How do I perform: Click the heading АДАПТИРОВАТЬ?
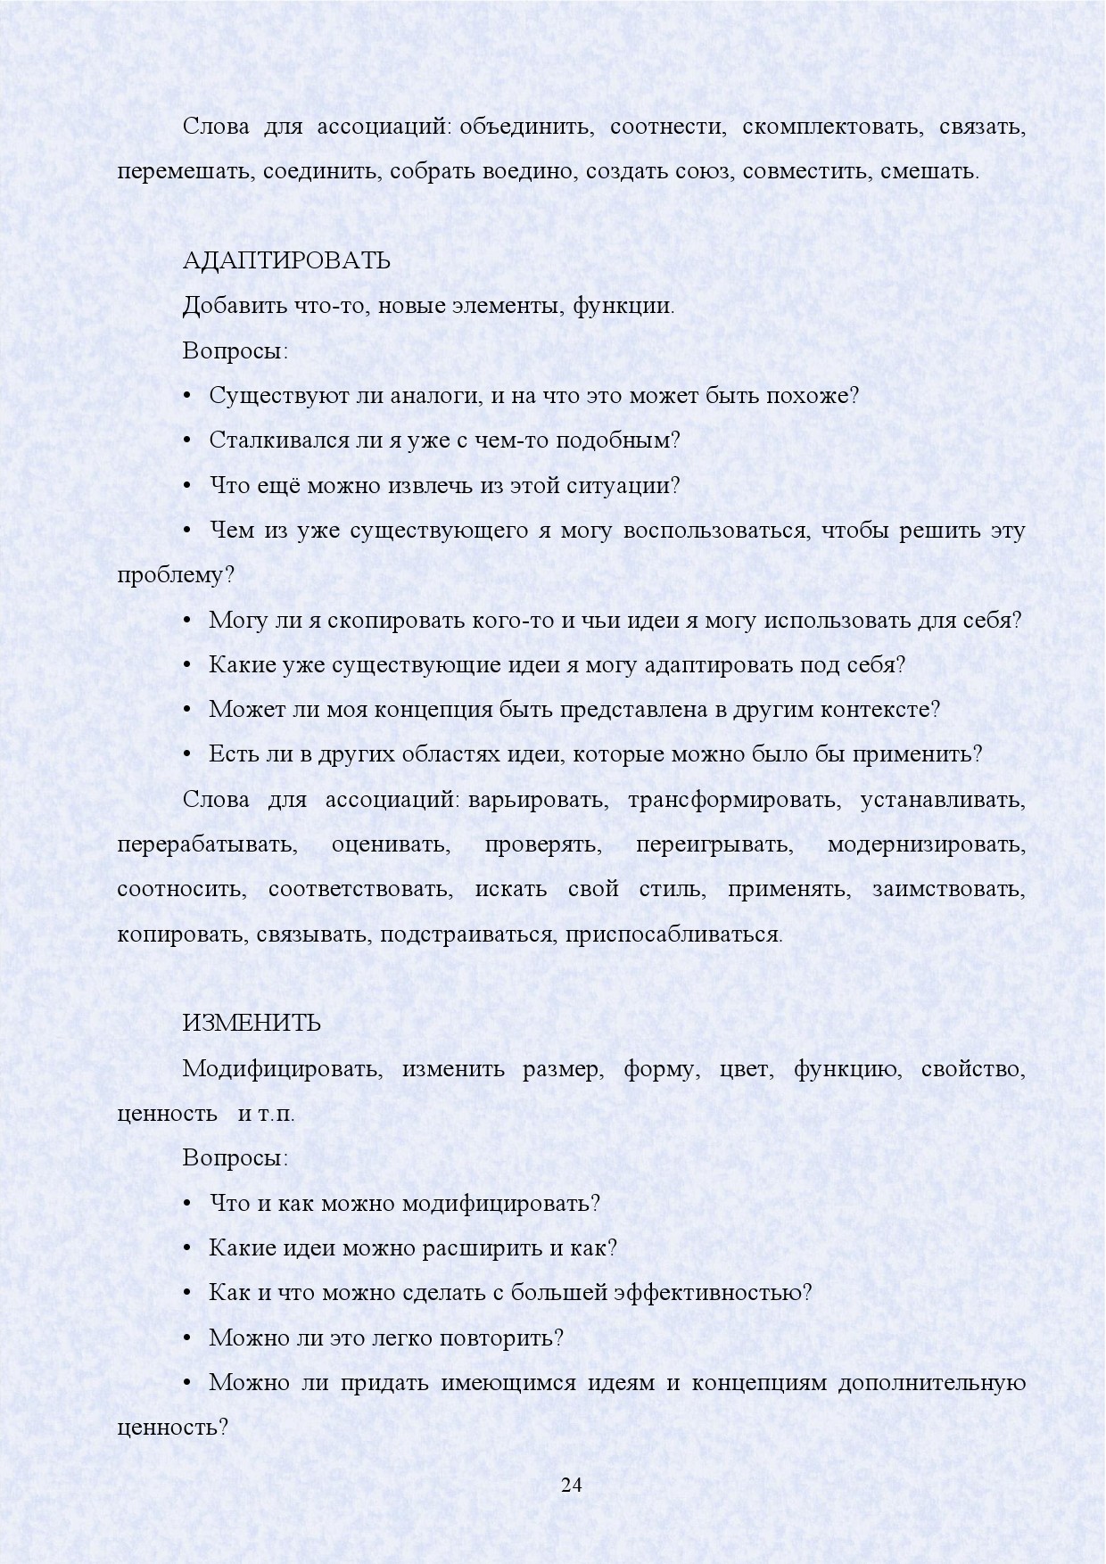[x=286, y=261]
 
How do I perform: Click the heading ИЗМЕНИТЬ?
[x=252, y=1024]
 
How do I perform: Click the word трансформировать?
[x=734, y=800]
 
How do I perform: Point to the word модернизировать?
[x=927, y=844]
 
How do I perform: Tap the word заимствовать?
[x=949, y=889]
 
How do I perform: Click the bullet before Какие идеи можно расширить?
[x=187, y=1248]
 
